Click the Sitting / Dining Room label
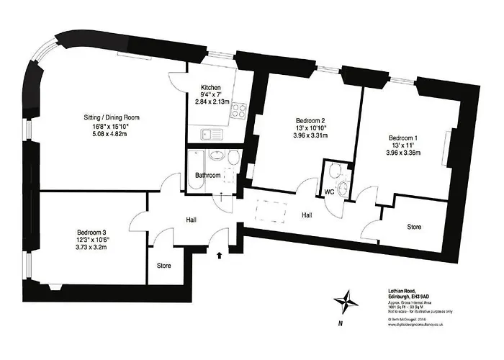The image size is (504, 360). click(x=110, y=117)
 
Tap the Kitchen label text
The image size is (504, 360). click(x=212, y=86)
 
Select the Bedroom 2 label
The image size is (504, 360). click(x=311, y=121)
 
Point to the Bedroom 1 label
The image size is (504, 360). click(x=403, y=138)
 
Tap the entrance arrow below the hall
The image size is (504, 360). click(x=220, y=253)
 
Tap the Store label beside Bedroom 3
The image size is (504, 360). click(x=164, y=266)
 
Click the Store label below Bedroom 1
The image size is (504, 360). click(x=413, y=227)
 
